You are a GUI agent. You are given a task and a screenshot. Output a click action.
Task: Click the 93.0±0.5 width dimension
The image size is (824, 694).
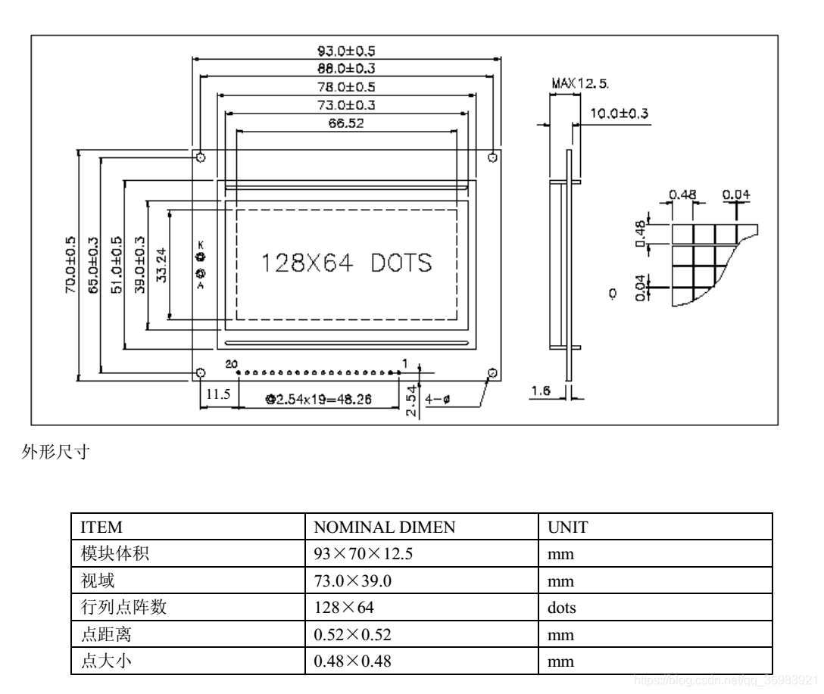coord(346,51)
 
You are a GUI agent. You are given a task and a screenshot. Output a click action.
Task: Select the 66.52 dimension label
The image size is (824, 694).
coord(345,123)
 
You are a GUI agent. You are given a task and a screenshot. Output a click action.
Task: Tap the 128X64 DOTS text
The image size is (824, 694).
coord(347,263)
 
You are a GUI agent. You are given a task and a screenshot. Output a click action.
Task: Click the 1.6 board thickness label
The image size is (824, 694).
coord(541,391)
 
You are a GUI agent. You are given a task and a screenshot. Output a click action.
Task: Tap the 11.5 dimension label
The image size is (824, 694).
coord(218,394)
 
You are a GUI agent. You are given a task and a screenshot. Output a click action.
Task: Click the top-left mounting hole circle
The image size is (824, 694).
coord(201,157)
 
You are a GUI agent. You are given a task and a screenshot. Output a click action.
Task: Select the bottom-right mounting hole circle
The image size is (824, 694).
coord(493,373)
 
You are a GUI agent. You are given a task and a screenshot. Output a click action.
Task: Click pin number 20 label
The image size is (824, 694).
coord(231,364)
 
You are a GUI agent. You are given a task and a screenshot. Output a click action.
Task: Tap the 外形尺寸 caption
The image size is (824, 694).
coord(54,453)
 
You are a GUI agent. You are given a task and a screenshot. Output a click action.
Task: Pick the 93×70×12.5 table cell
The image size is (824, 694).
coord(363,555)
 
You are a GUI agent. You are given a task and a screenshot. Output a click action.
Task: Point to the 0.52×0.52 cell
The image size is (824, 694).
coord(353,635)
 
